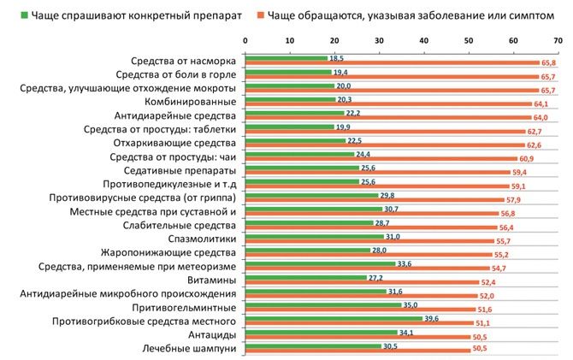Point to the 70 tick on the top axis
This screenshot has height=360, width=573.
point(557,40)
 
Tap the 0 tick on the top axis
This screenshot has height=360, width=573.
point(245,40)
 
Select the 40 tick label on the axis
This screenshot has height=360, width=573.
point(423,40)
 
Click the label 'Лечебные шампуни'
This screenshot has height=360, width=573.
point(190,348)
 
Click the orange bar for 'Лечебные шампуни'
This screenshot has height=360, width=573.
point(357,351)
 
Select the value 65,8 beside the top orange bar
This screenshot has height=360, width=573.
point(548,64)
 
